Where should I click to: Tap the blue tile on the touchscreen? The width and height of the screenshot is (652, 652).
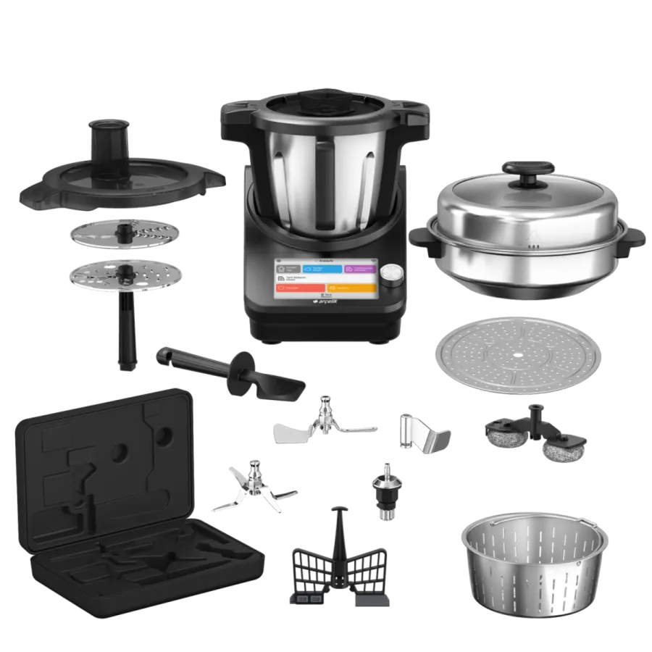click(x=322, y=269)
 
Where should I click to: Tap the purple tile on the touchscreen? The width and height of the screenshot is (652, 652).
click(x=359, y=269)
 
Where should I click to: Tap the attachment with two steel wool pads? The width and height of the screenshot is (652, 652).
click(x=536, y=435)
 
